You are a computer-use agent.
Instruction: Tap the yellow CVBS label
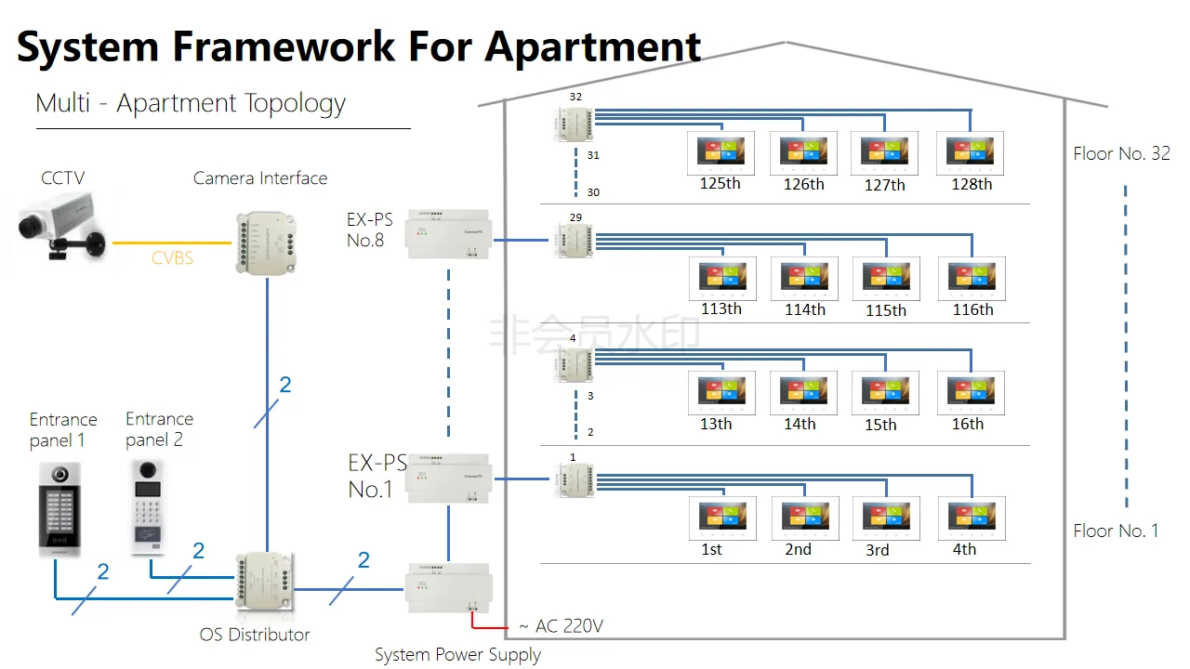[x=173, y=257]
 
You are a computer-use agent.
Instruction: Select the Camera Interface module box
[x=267, y=243]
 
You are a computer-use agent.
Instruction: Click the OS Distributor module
[x=266, y=586]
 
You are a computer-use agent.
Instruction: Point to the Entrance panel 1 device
[x=58, y=507]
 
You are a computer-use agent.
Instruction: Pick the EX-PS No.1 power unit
[x=449, y=478]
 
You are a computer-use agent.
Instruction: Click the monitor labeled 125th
[x=721, y=152]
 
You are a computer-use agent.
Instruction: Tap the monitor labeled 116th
[x=972, y=279]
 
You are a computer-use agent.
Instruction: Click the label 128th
[x=972, y=184]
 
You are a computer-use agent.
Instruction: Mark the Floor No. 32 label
[x=1121, y=154]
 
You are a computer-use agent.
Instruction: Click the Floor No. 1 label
[x=1116, y=531]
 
